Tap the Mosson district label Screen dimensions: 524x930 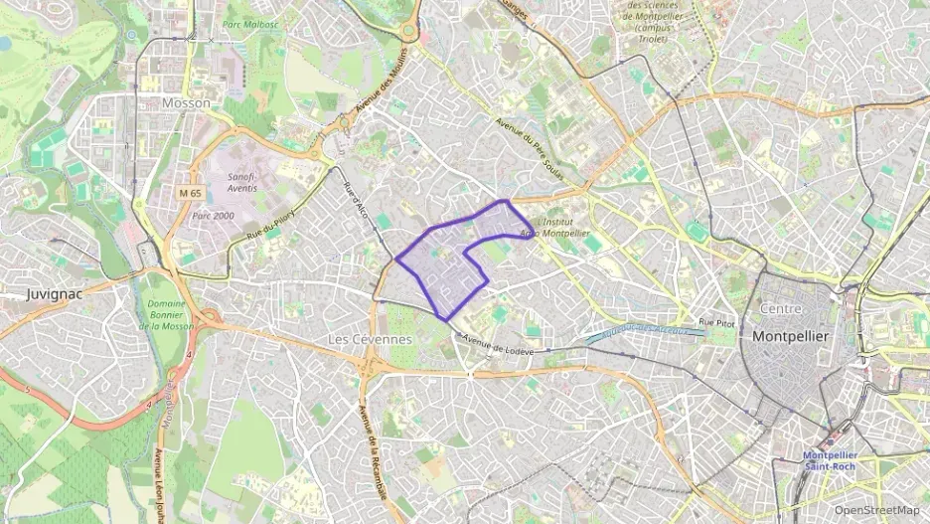pyautogui.click(x=186, y=102)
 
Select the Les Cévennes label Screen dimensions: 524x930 pyautogui.click(x=370, y=339)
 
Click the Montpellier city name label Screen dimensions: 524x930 pyautogui.click(x=790, y=336)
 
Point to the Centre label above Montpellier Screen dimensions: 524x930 pyautogui.click(x=780, y=309)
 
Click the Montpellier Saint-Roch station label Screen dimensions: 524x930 pyautogui.click(x=831, y=461)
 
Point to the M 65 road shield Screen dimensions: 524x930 pyautogui.click(x=190, y=192)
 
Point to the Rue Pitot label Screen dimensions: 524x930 pyautogui.click(x=716, y=322)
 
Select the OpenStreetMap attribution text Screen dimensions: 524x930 pyautogui.click(x=876, y=510)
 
